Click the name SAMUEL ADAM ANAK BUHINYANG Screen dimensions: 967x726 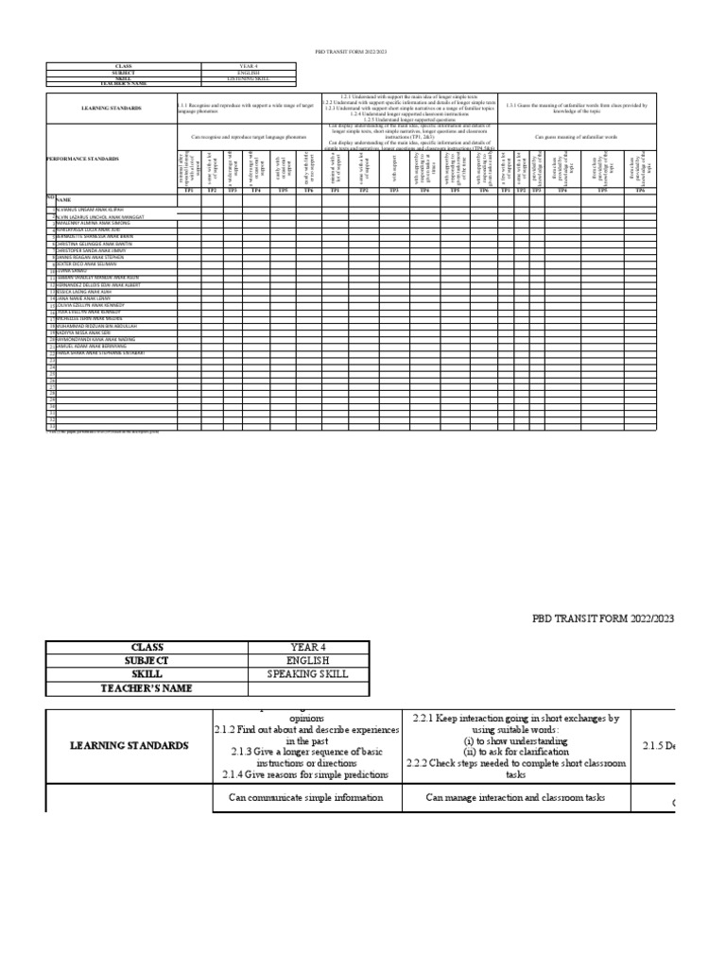[95, 347]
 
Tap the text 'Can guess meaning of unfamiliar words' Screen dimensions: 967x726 [576, 136]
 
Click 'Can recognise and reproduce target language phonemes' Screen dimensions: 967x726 [250, 136]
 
